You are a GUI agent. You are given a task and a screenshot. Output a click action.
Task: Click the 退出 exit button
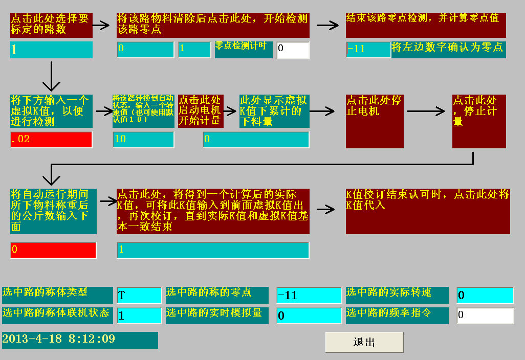[364, 342]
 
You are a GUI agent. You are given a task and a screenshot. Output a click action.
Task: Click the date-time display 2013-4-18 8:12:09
[80, 340]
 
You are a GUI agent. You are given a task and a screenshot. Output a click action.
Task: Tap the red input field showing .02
[51, 139]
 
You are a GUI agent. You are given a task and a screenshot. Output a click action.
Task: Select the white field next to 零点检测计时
[293, 50]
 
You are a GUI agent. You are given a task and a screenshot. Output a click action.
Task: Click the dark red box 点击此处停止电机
[375, 121]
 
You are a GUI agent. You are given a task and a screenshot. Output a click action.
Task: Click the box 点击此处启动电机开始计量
[201, 111]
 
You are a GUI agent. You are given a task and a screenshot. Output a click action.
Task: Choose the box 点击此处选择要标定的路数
[51, 25]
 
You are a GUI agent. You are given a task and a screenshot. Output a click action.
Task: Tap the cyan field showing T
[139, 295]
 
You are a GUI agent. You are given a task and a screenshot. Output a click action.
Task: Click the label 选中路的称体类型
[57, 295]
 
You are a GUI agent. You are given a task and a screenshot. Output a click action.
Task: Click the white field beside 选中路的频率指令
[485, 315]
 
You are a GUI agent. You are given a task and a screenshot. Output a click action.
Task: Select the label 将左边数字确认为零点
[448, 50]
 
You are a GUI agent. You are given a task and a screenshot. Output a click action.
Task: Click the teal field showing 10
[143, 139]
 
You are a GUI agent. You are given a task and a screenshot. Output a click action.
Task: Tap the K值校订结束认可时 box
[428, 211]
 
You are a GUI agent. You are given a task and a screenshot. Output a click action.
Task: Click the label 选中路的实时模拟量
[217, 315]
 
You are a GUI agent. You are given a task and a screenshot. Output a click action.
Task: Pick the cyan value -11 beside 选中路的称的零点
[309, 295]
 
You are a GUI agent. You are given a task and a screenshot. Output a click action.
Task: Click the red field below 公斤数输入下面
[53, 250]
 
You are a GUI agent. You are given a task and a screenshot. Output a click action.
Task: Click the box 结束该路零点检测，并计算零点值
[426, 25]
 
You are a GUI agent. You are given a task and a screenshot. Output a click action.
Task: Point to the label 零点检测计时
[244, 50]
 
